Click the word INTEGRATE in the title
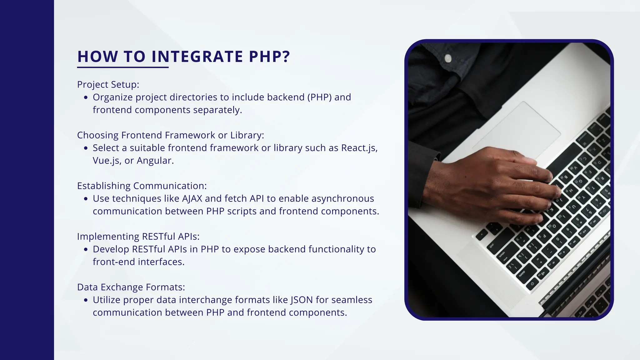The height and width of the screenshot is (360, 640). click(x=197, y=57)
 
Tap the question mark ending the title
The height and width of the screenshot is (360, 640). click(x=286, y=57)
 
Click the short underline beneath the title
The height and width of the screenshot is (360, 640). click(x=123, y=67)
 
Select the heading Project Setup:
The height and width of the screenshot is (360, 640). click(x=108, y=85)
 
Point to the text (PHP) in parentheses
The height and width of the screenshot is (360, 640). click(x=319, y=97)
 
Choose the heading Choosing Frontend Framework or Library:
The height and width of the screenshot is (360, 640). click(x=171, y=135)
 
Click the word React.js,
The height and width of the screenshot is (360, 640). click(x=359, y=148)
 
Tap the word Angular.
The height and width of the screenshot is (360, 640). click(x=155, y=161)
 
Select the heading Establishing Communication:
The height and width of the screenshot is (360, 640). click(x=142, y=186)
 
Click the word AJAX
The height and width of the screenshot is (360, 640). click(x=192, y=199)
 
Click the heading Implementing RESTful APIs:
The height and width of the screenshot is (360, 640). click(x=138, y=237)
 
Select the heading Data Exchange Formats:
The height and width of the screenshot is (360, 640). click(x=131, y=287)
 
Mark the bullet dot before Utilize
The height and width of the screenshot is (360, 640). click(x=86, y=300)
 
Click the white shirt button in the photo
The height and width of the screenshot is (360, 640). click(x=448, y=58)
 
